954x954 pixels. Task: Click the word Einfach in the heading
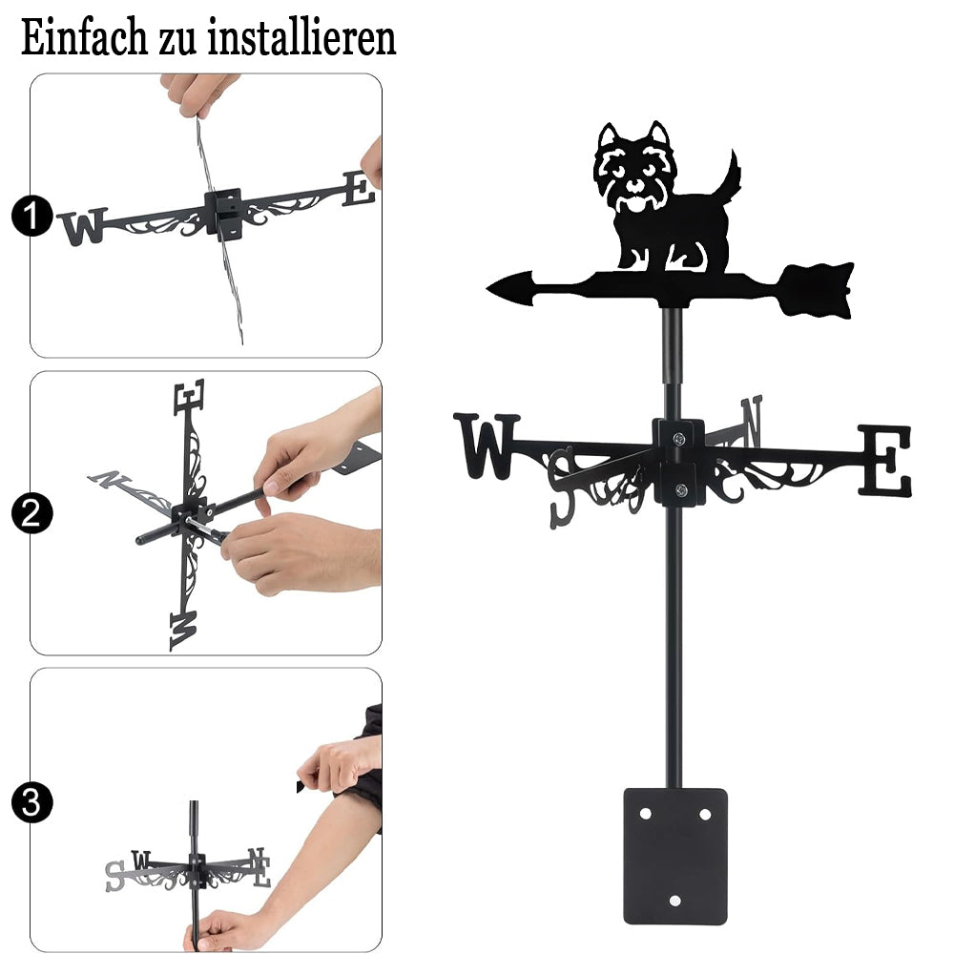84,38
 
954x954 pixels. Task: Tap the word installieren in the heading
301,38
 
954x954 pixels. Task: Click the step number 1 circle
31,216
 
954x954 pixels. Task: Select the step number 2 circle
31,513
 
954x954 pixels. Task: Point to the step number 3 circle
31,802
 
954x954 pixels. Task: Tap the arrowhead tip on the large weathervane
487,288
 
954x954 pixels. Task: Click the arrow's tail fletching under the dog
817,290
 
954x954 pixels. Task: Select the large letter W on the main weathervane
487,446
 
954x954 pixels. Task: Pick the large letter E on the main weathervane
885,460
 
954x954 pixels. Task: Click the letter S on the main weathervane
562,487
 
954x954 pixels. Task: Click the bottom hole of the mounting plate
674,901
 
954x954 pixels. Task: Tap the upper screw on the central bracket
678,438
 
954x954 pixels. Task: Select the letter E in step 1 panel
359,189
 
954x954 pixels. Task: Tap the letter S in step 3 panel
114,876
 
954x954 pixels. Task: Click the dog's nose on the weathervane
634,184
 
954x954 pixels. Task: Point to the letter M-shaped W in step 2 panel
183,630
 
